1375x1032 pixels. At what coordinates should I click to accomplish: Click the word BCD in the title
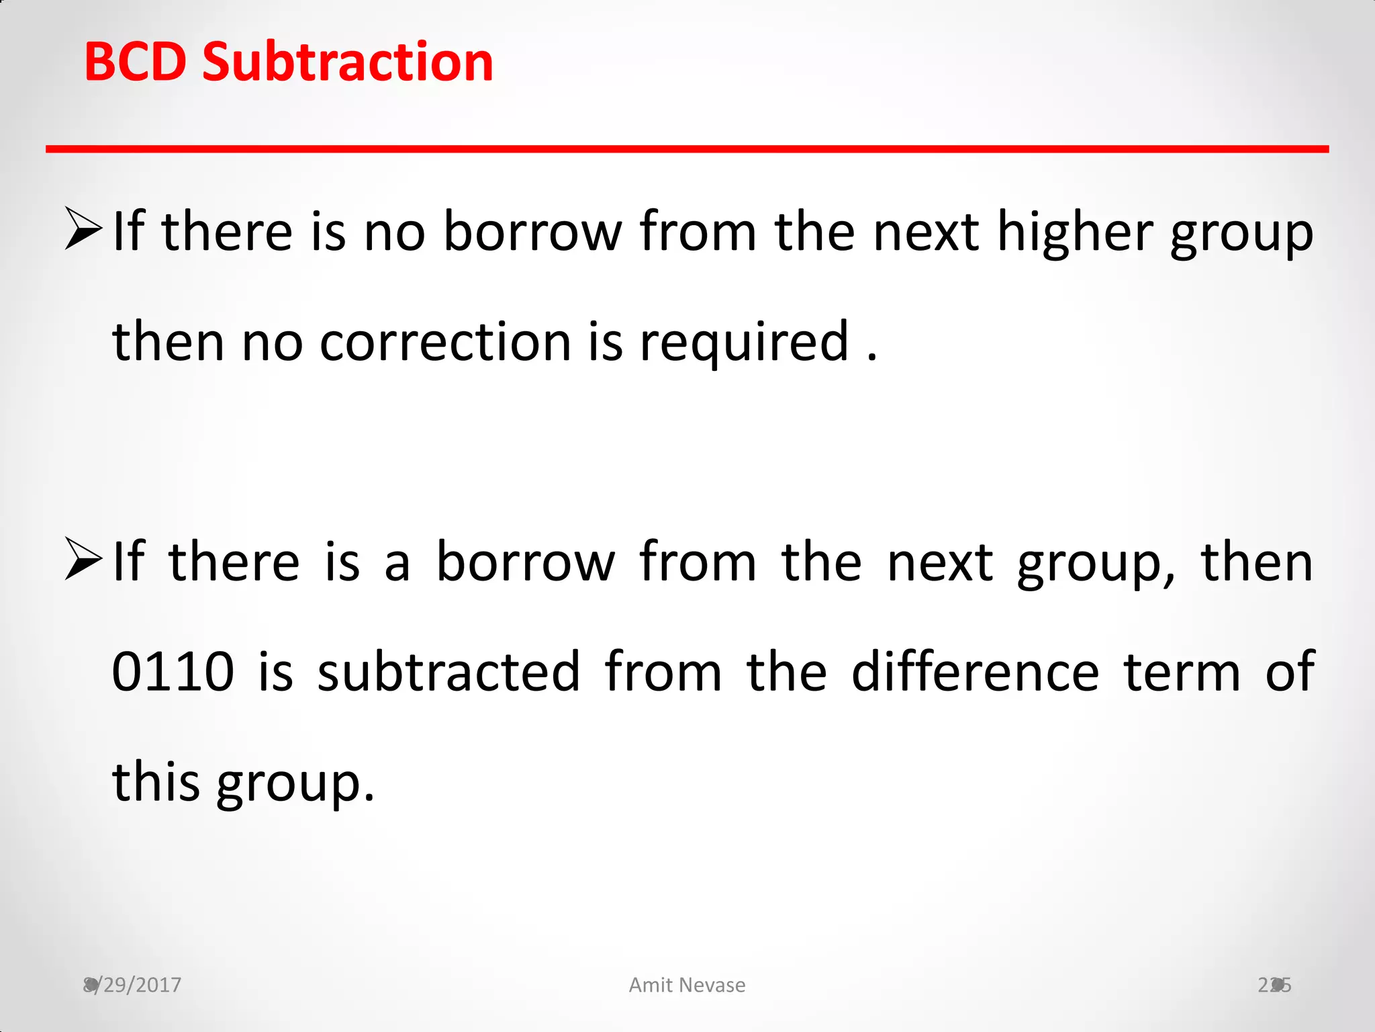pos(135,62)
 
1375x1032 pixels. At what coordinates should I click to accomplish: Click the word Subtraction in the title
pos(348,62)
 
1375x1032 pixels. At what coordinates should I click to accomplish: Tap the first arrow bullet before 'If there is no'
pos(83,229)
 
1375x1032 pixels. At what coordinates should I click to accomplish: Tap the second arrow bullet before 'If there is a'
pos(83,560)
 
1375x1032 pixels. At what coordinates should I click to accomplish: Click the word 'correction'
pos(445,342)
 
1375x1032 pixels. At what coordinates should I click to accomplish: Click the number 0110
pos(173,671)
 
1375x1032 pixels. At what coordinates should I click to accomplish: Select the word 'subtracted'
pos(448,671)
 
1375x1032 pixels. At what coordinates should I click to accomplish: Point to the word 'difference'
pos(976,671)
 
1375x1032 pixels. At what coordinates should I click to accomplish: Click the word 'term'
pos(1182,673)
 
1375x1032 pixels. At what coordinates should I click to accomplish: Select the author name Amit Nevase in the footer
pos(687,985)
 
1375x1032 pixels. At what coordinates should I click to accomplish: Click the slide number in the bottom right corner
pos(1274,985)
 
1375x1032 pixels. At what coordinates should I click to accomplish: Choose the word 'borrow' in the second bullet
pos(526,562)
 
